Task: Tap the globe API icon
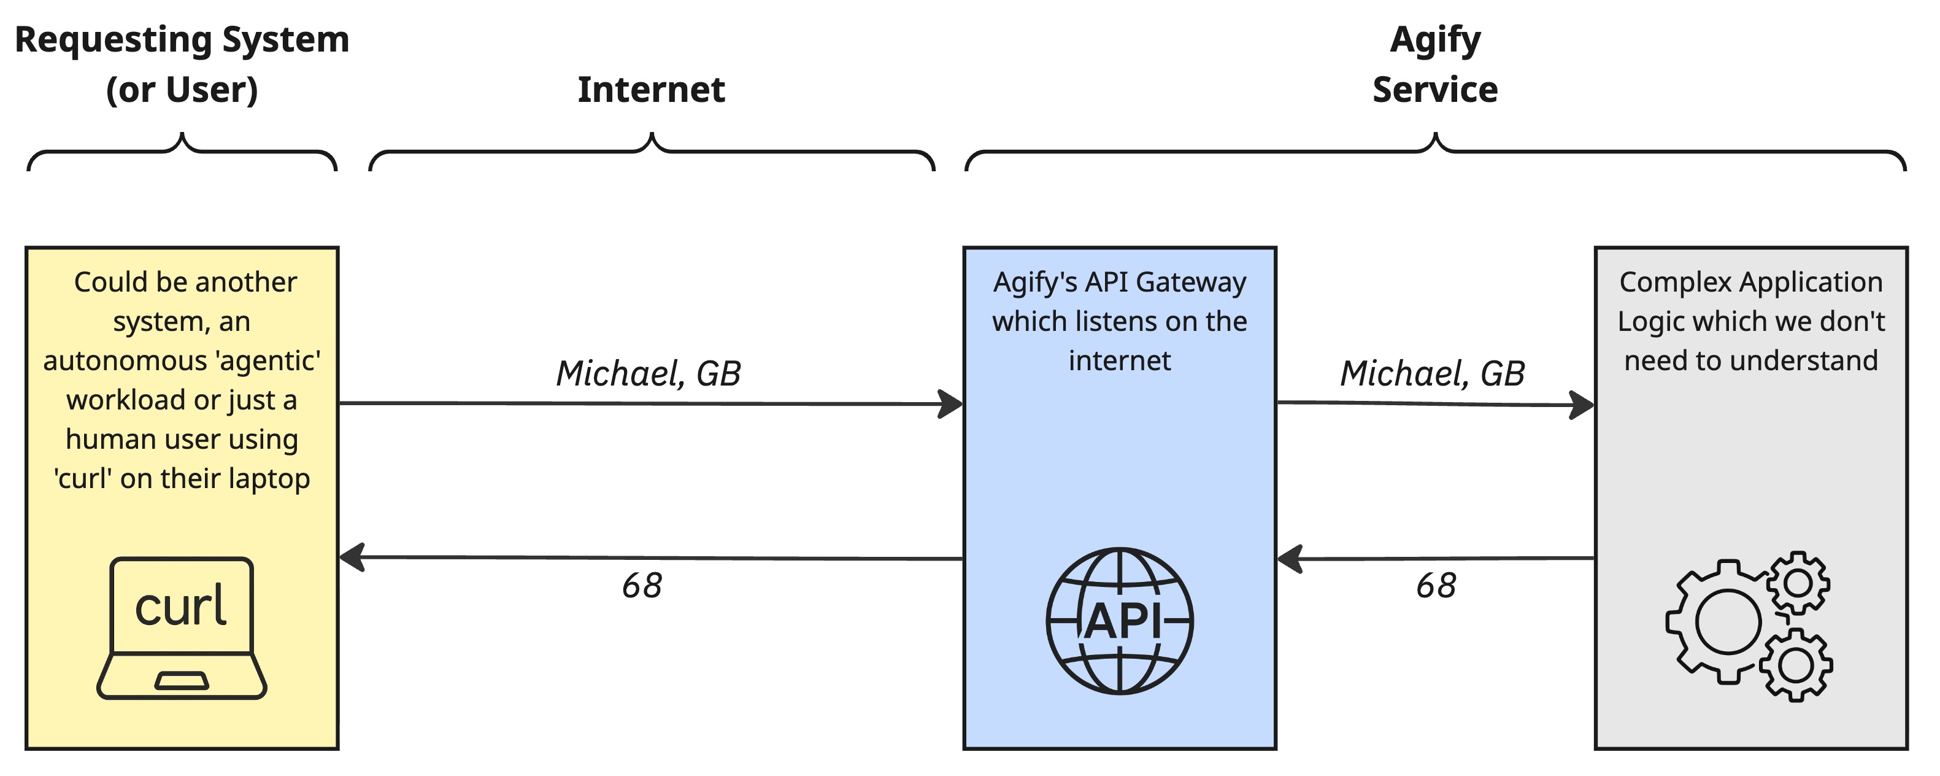1119,621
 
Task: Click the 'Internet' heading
652,90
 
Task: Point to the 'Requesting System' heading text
182,39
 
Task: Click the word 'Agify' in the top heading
1434,39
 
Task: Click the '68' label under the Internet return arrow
642,586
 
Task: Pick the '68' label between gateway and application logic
1436,586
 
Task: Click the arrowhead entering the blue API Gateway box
950,404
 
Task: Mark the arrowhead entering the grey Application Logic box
1582,405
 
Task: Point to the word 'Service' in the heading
1434,90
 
